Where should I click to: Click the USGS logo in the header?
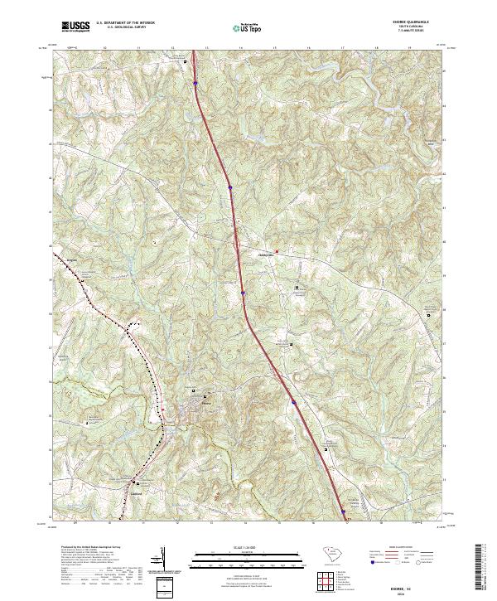coord(75,27)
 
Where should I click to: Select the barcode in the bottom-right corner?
coord(483,569)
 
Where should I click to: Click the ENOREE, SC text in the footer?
coord(412,585)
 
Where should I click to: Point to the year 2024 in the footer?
coord(412,593)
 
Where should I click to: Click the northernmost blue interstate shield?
coord(195,82)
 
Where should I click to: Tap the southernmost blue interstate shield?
coord(343,511)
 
